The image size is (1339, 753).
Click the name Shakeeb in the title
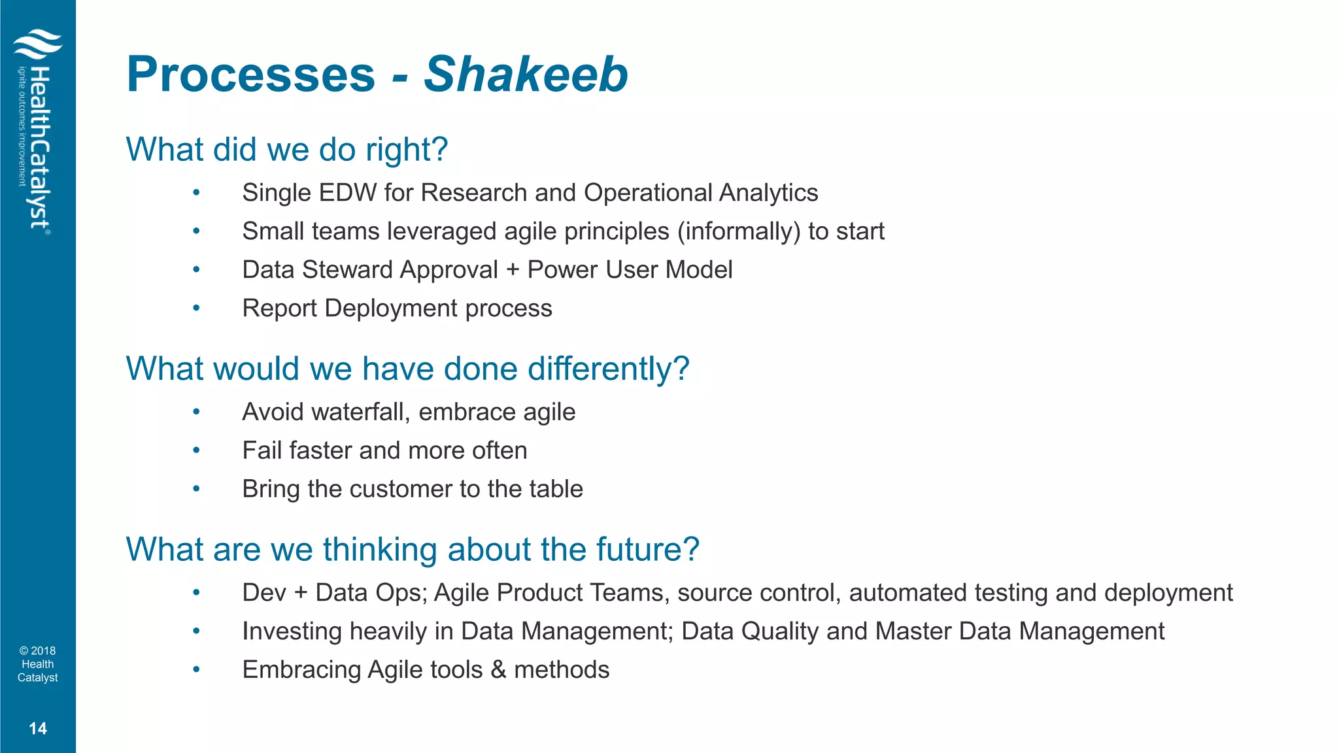pyautogui.click(x=526, y=75)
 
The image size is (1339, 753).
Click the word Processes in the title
pyautogui.click(x=251, y=75)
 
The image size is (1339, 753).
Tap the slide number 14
pyautogui.click(x=38, y=728)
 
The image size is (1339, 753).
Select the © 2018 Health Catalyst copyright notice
pyautogui.click(x=38, y=664)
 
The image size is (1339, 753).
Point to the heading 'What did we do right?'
pyautogui.click(x=286, y=150)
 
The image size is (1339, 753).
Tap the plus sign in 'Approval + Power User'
pyautogui.click(x=513, y=270)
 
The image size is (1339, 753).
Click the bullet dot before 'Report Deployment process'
pyautogui.click(x=196, y=308)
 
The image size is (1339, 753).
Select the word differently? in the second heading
pyautogui.click(x=608, y=369)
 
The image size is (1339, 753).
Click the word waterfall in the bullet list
pyautogui.click(x=362, y=412)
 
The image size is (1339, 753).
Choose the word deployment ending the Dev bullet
pyautogui.click(x=1168, y=593)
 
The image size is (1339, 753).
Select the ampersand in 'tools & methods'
pyautogui.click(x=498, y=670)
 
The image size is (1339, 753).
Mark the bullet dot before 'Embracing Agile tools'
pyautogui.click(x=196, y=669)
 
